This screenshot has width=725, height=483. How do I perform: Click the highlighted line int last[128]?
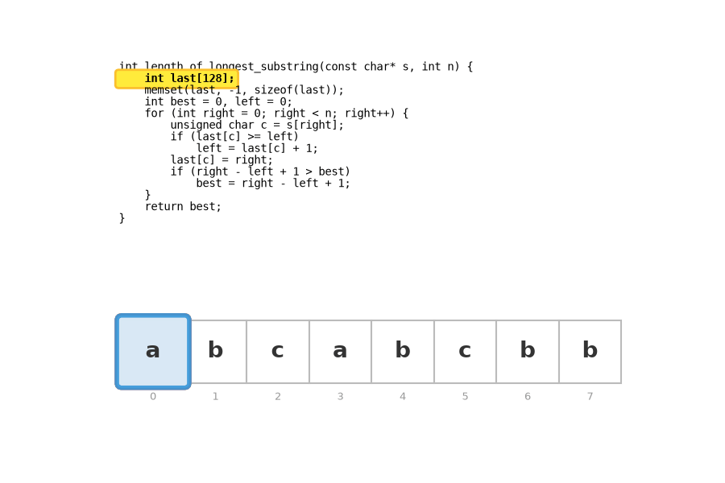(x=189, y=79)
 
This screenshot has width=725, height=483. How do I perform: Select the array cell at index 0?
(x=153, y=352)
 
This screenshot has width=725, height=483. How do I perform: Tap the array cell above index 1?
(x=215, y=352)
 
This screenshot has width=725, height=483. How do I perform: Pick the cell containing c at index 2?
(x=278, y=352)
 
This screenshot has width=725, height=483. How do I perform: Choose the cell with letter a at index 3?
(x=340, y=352)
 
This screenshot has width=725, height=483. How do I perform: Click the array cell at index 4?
(x=403, y=352)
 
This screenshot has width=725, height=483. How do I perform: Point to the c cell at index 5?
(x=465, y=352)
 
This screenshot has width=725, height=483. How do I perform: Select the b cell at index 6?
(x=528, y=352)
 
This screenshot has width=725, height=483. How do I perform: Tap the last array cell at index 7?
(x=590, y=352)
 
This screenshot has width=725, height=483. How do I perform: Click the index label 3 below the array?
(x=340, y=397)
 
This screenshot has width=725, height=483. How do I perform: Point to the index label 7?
(x=590, y=397)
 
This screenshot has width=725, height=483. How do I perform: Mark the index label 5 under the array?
(x=465, y=397)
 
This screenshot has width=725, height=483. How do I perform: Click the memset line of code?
(x=244, y=90)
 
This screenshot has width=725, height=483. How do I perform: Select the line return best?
(x=183, y=207)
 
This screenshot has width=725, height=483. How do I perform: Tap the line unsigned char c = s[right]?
(x=257, y=126)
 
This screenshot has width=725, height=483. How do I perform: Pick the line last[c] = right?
(x=222, y=160)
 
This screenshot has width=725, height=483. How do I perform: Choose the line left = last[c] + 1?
(x=257, y=148)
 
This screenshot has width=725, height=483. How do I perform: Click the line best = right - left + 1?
(x=273, y=184)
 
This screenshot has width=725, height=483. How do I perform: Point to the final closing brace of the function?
(x=122, y=218)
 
